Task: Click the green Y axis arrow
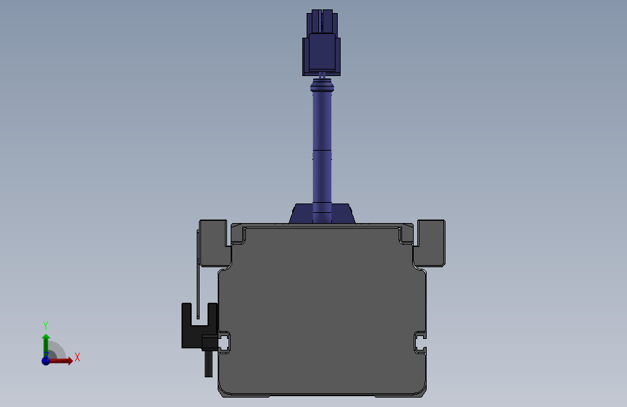pos(46,343)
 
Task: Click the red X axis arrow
pos(64,360)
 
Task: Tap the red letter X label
pos(77,357)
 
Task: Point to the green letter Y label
pos(45,325)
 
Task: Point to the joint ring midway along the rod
pos(321,155)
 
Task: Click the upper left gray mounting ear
pos(215,242)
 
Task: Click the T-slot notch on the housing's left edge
pos(224,340)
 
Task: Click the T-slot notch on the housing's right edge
pos(420,340)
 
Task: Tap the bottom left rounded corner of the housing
pos(224,390)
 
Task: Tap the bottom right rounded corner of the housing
pos(420,390)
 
